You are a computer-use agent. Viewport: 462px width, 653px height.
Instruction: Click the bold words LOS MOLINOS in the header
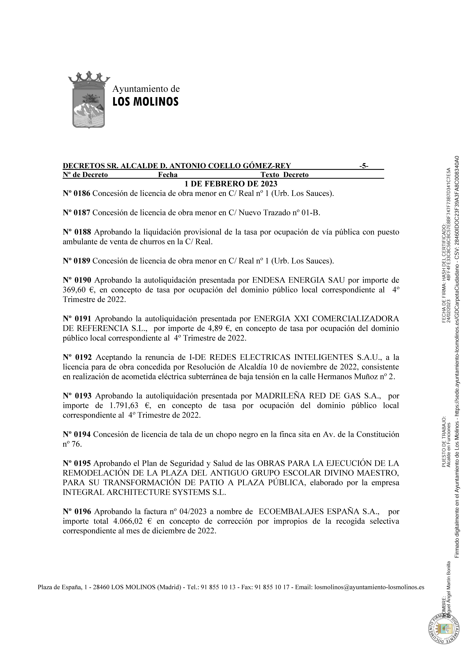pyautogui.click(x=145, y=102)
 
